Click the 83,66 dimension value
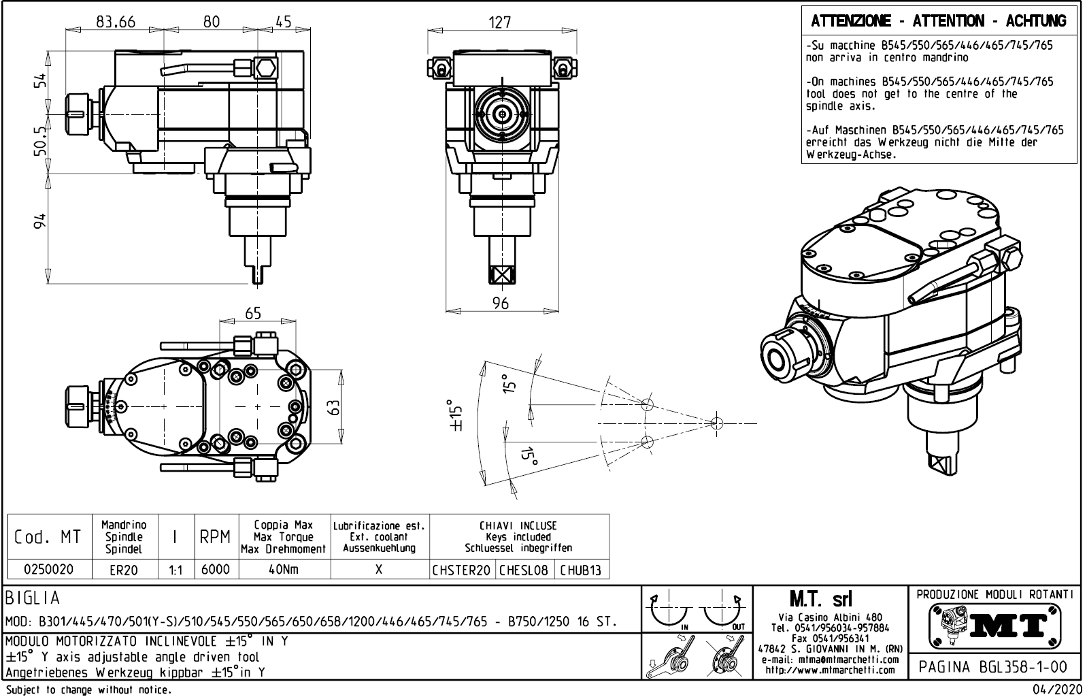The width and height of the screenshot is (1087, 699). click(116, 22)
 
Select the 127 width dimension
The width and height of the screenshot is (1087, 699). click(500, 22)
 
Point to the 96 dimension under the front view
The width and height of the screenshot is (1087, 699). click(500, 303)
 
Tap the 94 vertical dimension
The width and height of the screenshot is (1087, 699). click(41, 221)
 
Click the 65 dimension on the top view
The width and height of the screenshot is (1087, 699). click(252, 313)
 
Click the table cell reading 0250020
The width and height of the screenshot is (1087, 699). click(49, 569)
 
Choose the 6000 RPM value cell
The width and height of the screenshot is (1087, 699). click(216, 569)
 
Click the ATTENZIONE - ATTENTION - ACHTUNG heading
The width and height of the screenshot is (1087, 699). click(939, 21)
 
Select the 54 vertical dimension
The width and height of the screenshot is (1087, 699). click(41, 81)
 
